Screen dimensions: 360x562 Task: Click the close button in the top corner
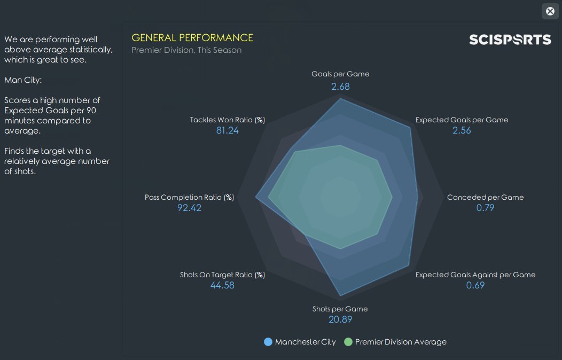click(550, 11)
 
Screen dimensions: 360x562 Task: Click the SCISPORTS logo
click(510, 40)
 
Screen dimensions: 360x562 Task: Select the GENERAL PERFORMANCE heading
click(192, 38)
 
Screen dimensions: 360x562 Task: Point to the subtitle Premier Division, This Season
click(186, 50)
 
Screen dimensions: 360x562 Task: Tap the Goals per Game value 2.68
click(340, 87)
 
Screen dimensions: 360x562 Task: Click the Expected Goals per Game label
click(462, 120)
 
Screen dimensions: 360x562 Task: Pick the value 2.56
click(462, 130)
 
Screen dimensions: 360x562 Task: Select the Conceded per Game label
click(485, 197)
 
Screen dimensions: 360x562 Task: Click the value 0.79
click(485, 208)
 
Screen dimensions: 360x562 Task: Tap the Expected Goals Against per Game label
click(475, 275)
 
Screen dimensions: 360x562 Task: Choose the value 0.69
click(475, 285)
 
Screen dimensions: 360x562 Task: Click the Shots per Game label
click(340, 309)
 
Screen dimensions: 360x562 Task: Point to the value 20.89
click(340, 320)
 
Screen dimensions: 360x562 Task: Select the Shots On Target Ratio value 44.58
click(222, 285)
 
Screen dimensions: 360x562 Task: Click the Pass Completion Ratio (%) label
click(190, 197)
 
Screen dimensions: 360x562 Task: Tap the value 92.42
click(189, 208)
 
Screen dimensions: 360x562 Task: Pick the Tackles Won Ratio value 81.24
click(228, 130)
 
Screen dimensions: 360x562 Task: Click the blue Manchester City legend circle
click(268, 342)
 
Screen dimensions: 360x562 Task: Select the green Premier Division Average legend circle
click(348, 342)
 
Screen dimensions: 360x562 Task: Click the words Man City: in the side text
click(23, 80)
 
